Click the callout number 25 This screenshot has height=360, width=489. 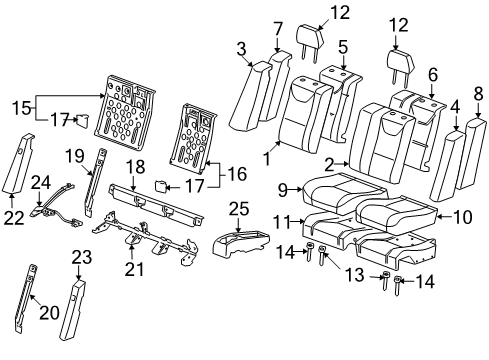[238, 207]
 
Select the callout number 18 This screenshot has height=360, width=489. [137, 164]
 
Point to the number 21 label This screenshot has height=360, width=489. [129, 268]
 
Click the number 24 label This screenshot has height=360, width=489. [41, 181]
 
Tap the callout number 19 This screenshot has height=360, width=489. [74, 155]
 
